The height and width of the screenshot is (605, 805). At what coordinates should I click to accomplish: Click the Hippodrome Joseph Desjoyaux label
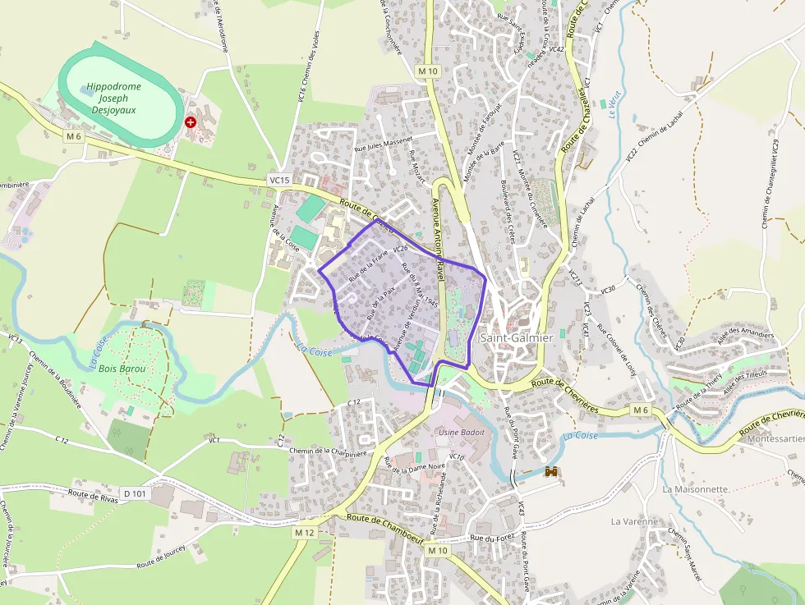113,98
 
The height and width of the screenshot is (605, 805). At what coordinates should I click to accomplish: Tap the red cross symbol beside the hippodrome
191,121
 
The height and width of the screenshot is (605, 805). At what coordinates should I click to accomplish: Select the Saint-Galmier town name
516,337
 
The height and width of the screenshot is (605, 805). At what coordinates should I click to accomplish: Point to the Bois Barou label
122,369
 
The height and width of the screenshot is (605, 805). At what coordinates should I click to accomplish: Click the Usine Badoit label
462,433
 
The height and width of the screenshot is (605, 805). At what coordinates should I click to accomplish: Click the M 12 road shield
305,533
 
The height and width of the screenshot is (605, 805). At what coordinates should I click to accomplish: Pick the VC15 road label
279,180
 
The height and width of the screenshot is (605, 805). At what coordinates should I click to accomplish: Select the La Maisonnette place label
695,489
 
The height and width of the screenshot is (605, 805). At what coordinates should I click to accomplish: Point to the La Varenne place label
634,521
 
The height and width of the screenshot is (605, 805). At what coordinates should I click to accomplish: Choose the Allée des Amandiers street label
746,336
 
